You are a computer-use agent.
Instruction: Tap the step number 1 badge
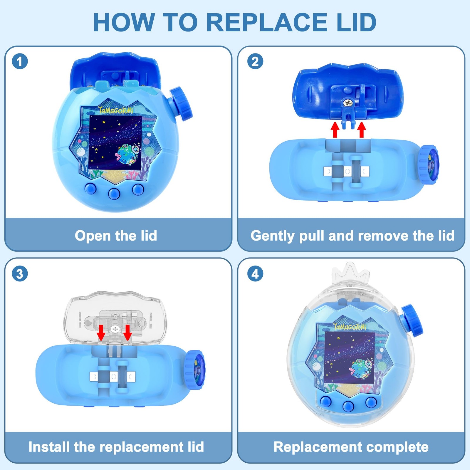point(20,62)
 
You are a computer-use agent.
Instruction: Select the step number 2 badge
point(255,62)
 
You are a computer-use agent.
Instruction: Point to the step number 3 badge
point(20,274)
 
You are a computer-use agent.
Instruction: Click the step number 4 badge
point(255,274)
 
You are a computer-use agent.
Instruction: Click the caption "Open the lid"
point(116,236)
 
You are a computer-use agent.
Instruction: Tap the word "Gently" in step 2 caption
point(272,236)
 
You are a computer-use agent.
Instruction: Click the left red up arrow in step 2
point(335,130)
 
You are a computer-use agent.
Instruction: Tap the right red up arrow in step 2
point(362,130)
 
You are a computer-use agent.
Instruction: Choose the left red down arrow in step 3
point(101,332)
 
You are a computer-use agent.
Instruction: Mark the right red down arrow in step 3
point(127,332)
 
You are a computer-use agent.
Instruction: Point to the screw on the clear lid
point(115,329)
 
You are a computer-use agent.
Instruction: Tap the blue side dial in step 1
point(181,104)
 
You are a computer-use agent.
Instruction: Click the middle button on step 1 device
point(114,193)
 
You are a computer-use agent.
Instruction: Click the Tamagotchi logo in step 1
point(116,110)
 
